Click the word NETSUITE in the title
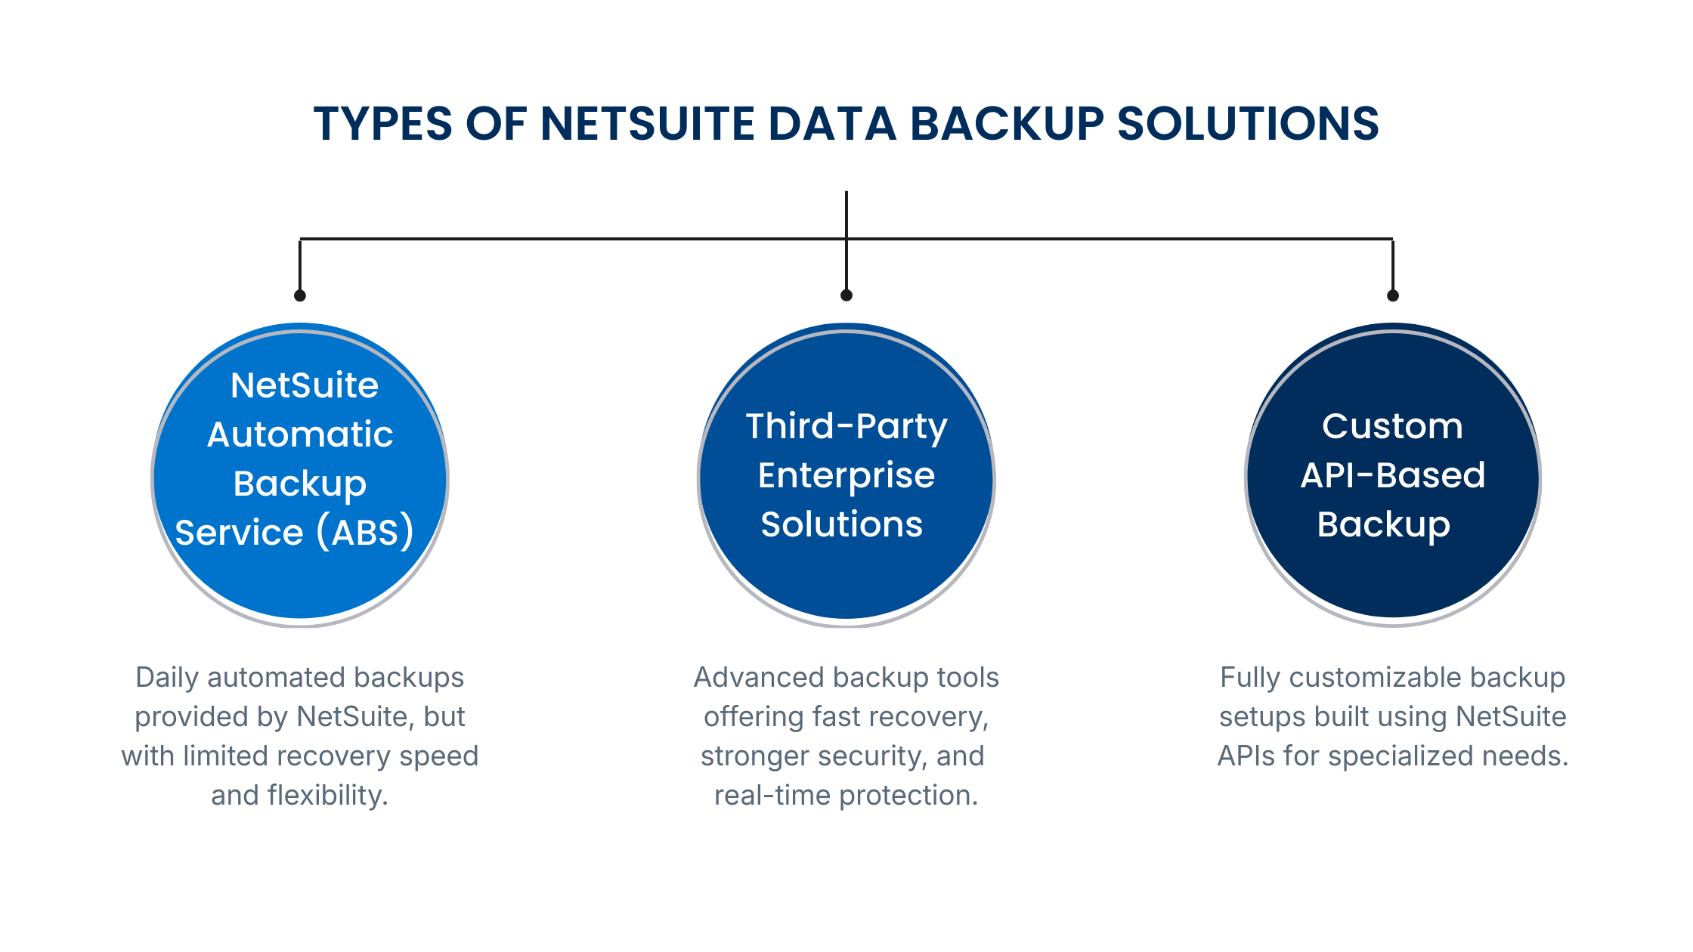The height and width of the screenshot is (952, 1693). click(647, 124)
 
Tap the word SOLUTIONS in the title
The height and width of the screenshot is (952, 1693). click(1248, 124)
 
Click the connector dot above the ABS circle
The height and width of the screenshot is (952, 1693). click(300, 295)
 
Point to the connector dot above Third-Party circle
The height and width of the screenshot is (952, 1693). click(846, 295)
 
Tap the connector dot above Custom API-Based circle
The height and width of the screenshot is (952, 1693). click(1393, 295)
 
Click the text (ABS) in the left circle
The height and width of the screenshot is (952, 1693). click(365, 532)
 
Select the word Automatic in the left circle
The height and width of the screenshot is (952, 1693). click(300, 434)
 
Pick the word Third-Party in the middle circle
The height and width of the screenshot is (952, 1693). click(846, 426)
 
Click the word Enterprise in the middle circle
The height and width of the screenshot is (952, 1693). click(846, 475)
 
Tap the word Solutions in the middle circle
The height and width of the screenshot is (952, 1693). click(842, 524)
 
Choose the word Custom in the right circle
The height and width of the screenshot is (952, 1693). click(1392, 426)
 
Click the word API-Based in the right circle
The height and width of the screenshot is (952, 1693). click(1393, 475)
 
